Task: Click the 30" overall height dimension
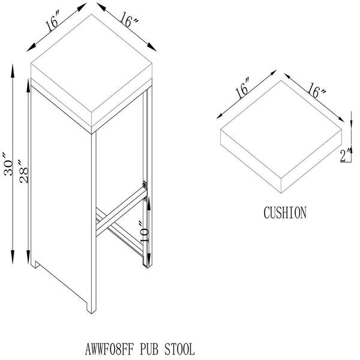(8, 164)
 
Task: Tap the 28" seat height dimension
(23, 172)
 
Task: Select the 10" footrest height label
(145, 231)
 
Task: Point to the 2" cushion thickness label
(346, 155)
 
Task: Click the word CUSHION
(285, 212)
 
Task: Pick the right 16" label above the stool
(128, 20)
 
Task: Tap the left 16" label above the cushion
(242, 88)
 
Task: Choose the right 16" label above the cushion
(316, 90)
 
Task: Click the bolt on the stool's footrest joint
(145, 185)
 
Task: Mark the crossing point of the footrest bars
(104, 220)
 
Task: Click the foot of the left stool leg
(35, 264)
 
